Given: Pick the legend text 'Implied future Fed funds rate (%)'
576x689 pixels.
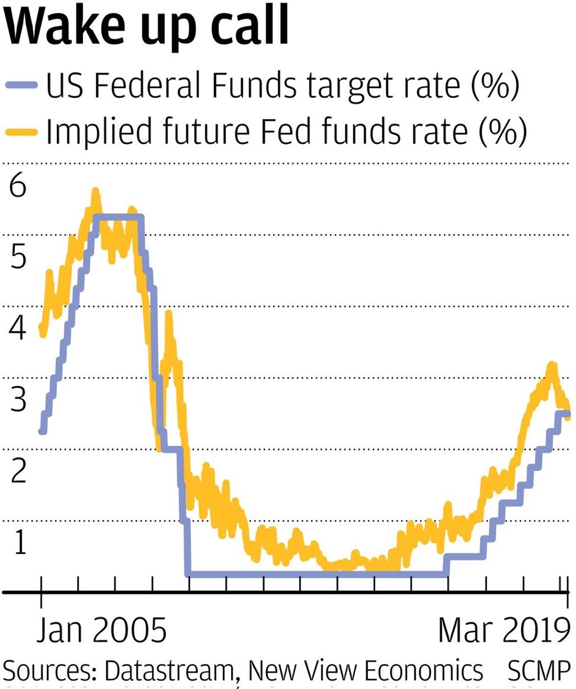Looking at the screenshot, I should pos(286,132).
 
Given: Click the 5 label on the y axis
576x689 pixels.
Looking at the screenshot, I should pos(18,258).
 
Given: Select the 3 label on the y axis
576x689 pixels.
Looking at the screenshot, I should pos(18,400).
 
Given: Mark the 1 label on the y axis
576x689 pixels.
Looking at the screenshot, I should pos(20,543).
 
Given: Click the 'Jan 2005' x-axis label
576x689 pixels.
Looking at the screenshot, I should pos(102,631).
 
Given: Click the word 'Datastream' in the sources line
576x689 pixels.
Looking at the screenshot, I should pos(168,671).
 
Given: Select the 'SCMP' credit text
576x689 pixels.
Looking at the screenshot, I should pos(539,671).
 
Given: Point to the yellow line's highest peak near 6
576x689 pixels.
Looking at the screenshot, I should pos(95,192).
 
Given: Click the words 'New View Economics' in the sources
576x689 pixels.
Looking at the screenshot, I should pos(366,671).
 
